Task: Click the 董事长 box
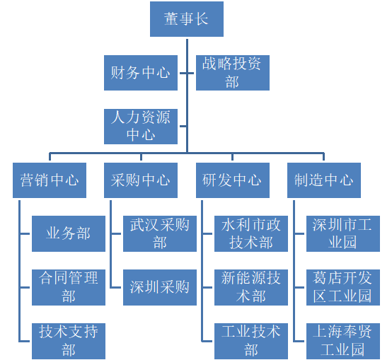point(187,19)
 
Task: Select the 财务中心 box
point(141,73)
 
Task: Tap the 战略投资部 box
point(233,73)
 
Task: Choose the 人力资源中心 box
point(141,127)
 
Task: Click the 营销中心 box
point(50,180)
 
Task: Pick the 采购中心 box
point(141,180)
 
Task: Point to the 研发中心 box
point(233,180)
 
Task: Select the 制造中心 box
point(324,180)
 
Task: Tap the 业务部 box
point(69,234)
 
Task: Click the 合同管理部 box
point(69,288)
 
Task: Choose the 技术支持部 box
point(69,342)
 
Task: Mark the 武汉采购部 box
point(160,234)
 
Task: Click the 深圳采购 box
point(160,288)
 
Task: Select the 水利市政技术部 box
point(251,234)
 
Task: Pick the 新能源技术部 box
point(251,288)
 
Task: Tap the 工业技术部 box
point(251,342)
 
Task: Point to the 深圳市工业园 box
point(343,234)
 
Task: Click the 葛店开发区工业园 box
point(343,288)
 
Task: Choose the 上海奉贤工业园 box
point(343,342)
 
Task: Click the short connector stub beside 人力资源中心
point(183,126)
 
